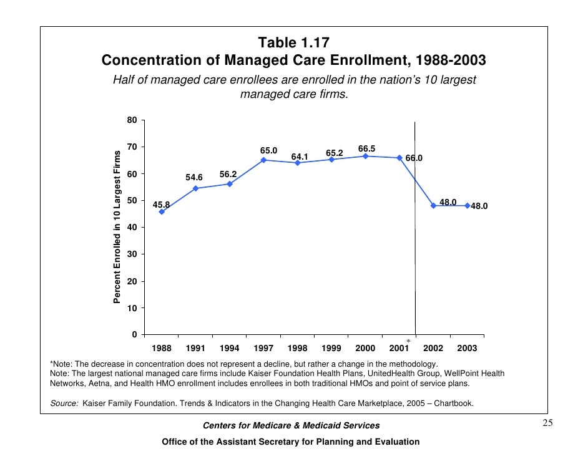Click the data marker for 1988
(162, 212)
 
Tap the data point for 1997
(263, 160)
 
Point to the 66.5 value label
(366, 148)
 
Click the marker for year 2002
(433, 205)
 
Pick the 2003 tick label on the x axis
(466, 347)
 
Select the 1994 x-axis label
(229, 347)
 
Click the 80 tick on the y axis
(133, 120)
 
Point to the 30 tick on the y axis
(133, 254)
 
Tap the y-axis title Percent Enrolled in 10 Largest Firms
(117, 228)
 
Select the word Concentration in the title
(148, 60)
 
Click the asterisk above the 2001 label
(408, 340)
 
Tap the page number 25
(547, 424)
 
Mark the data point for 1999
(331, 160)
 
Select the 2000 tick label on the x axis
(365, 347)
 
